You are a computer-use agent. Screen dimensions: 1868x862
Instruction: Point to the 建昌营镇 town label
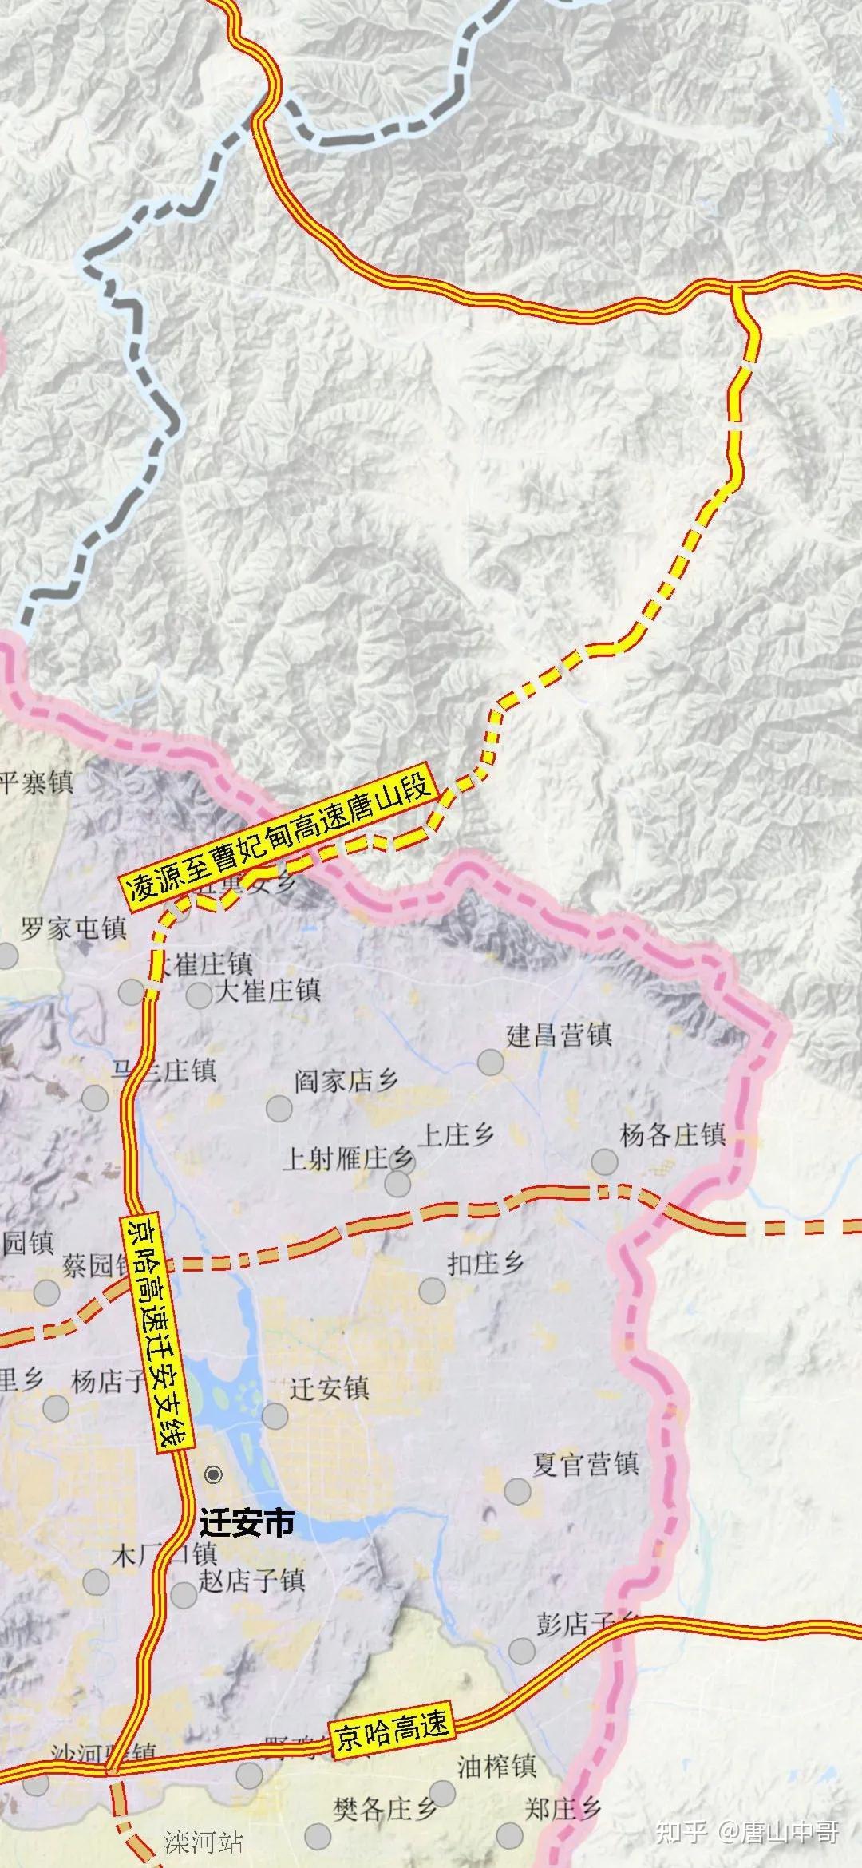[x=559, y=1035]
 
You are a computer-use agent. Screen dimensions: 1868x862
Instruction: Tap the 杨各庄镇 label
[x=672, y=1134]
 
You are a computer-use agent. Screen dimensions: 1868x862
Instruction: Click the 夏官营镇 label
[x=586, y=1464]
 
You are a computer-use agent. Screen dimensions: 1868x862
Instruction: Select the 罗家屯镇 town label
[x=73, y=928]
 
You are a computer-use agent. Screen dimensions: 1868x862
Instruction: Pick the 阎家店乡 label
[x=346, y=1082]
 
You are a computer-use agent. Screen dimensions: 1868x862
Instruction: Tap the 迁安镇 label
[x=329, y=1389]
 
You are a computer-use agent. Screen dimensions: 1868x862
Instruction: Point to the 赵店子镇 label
[x=251, y=1580]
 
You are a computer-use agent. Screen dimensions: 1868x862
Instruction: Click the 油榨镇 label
[x=496, y=1763]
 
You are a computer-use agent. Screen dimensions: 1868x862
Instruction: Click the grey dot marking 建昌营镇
[x=491, y=1063]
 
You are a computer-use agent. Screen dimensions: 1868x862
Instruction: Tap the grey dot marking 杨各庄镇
[x=604, y=1162]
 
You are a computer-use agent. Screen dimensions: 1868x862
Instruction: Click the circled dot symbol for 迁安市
[x=213, y=1474]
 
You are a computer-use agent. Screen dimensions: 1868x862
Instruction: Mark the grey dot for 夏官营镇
[x=517, y=1490]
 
